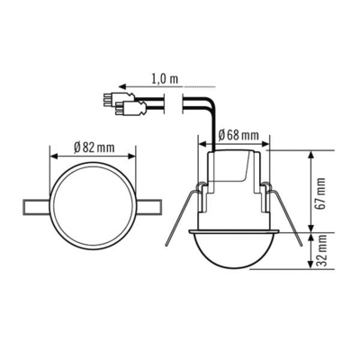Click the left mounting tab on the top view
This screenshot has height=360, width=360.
tap(34, 204)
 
